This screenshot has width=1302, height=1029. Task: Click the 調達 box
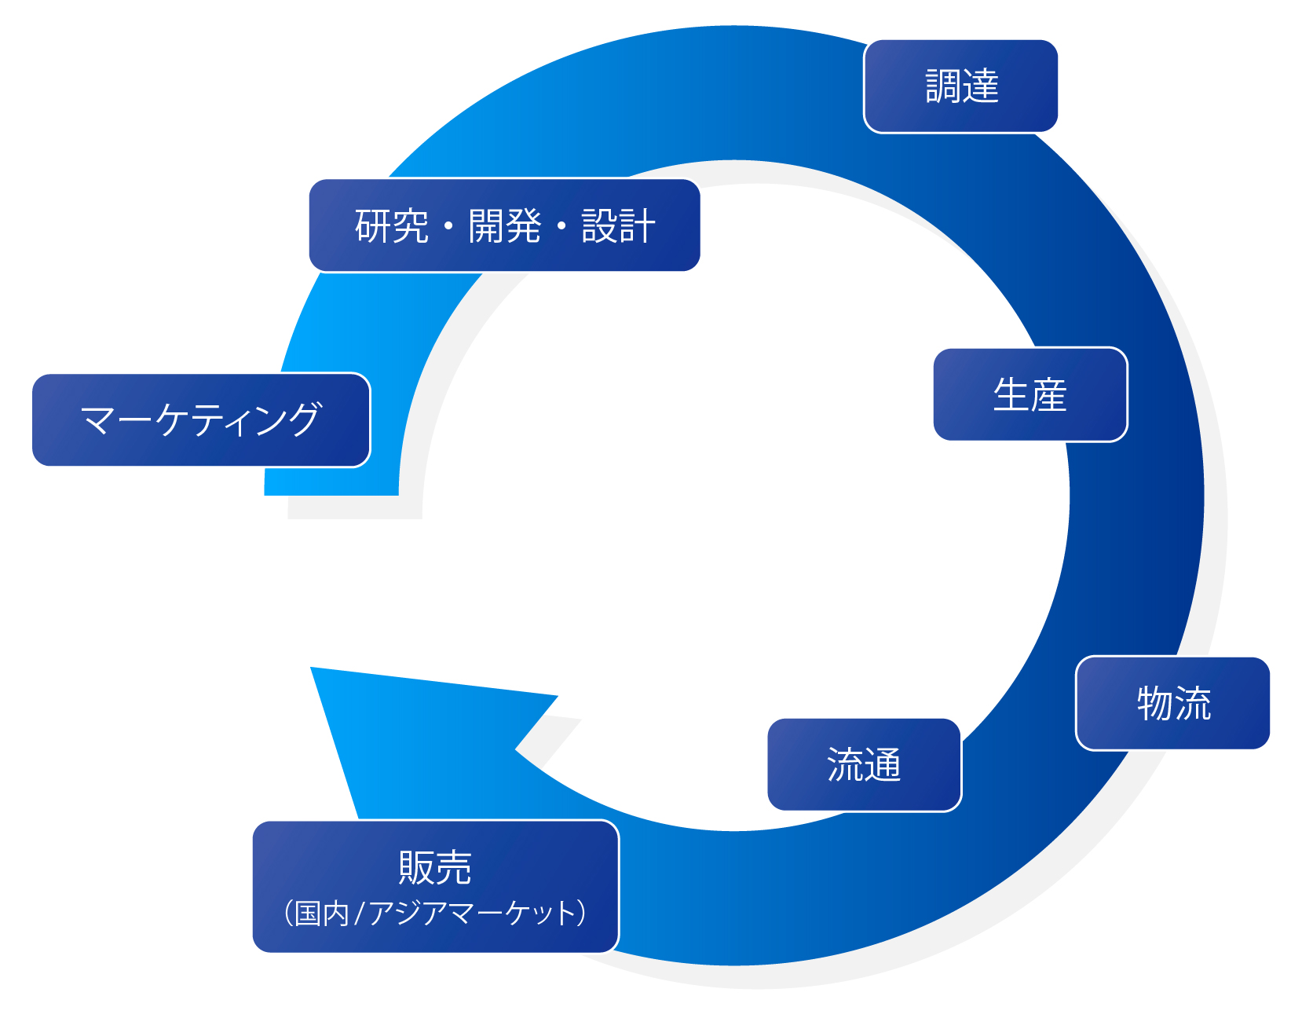click(960, 86)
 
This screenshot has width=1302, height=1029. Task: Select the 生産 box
click(1030, 394)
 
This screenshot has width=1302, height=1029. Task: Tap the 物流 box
click(1172, 703)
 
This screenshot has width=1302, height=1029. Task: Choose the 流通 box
click(864, 765)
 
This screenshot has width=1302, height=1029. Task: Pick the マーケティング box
click(201, 420)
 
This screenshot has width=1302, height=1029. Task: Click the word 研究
click(391, 226)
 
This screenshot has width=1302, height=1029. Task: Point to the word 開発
click(505, 226)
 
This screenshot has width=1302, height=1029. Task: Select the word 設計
click(618, 226)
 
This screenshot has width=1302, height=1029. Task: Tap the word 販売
click(435, 868)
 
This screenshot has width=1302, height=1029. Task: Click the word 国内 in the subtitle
click(322, 914)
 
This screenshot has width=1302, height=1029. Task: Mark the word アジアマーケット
click(471, 914)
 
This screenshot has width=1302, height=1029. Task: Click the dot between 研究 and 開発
click(448, 227)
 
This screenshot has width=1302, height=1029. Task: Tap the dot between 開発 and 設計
click(561, 227)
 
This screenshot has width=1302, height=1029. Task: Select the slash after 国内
click(360, 914)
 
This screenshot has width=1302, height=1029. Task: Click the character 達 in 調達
click(980, 86)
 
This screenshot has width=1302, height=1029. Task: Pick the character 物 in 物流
click(1155, 703)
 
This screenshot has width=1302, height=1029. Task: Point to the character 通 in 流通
click(883, 765)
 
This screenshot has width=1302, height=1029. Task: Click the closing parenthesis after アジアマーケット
click(581, 914)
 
